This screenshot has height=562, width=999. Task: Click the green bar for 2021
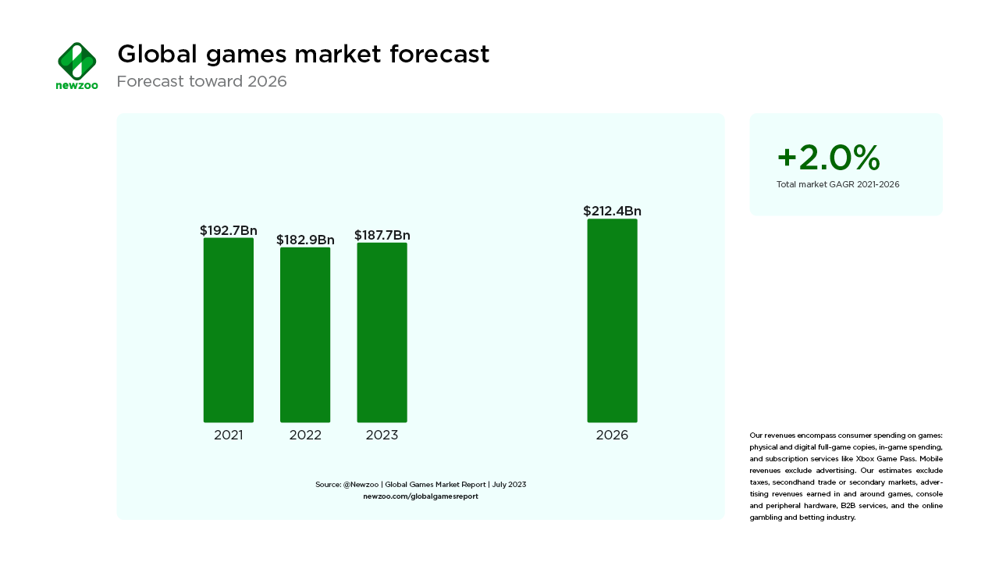coord(229,330)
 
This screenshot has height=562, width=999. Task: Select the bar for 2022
coord(305,335)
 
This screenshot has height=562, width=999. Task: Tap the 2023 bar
coord(382,333)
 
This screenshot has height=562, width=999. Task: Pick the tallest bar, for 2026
coord(612,321)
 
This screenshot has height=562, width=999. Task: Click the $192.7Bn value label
coord(229,230)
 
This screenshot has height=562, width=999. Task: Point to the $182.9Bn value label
coord(305,240)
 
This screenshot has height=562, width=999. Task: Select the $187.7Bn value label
coord(382,235)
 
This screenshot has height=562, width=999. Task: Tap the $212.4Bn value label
coord(612,211)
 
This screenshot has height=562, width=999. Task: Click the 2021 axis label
coord(229,436)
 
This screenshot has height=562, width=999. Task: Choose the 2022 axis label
coord(305,436)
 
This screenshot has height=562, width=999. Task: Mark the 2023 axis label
coord(382,436)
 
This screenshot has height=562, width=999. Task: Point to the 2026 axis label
coord(612,436)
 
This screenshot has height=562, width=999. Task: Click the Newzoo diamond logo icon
coord(76,60)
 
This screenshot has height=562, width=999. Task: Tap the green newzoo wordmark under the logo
coord(76,85)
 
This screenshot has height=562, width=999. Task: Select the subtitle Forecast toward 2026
coord(201,81)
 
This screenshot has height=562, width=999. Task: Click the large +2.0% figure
coord(828,158)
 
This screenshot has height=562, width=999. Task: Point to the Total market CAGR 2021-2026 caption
coord(837,184)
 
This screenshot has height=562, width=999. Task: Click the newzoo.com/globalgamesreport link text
coord(421,496)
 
